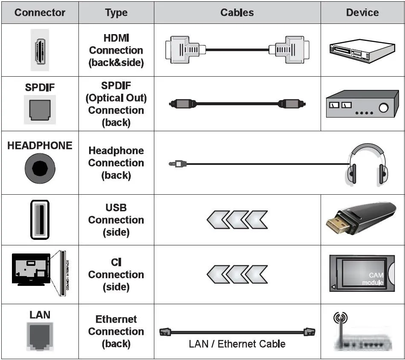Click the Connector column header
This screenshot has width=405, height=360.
(x=40, y=12)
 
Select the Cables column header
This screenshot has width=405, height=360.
(x=237, y=12)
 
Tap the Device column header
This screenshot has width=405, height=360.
(x=362, y=12)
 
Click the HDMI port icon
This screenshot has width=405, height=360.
(x=40, y=50)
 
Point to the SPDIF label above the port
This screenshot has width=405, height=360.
(x=40, y=87)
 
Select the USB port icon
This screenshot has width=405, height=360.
(x=40, y=220)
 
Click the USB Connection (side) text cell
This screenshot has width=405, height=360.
(x=116, y=220)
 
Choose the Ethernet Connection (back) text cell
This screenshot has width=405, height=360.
(x=116, y=331)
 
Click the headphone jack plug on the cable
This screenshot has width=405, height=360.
(x=176, y=163)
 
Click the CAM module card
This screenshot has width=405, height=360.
(x=362, y=274)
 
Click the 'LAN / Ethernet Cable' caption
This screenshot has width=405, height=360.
(x=237, y=344)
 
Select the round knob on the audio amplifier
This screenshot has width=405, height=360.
(x=383, y=108)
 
